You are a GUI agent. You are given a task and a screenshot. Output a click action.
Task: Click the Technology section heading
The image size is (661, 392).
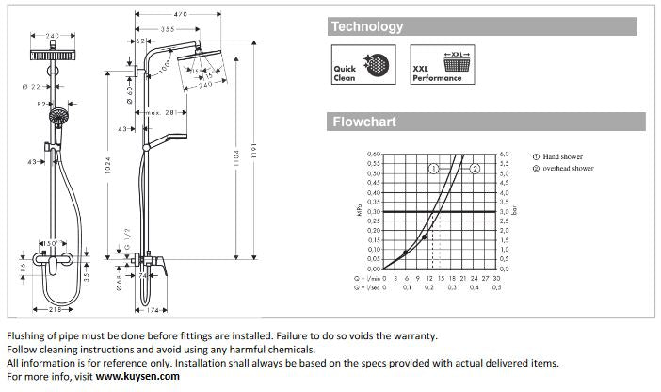[367, 27]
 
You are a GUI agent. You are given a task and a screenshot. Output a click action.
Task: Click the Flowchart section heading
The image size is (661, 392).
[363, 122]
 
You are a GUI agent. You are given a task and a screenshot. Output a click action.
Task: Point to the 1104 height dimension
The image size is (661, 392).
[236, 163]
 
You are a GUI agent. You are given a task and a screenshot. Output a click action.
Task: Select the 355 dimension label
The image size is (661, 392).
[167, 29]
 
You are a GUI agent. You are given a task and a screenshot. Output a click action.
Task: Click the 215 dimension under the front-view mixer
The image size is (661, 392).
[55, 308]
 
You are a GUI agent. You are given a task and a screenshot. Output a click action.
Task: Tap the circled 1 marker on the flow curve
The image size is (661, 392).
[434, 168]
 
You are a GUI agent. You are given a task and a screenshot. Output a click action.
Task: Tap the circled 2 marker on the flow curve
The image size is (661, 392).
[476, 168]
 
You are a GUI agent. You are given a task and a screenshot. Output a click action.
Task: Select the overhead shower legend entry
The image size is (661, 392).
[563, 168]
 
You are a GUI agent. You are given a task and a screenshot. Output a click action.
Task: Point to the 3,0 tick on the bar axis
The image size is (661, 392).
[504, 211]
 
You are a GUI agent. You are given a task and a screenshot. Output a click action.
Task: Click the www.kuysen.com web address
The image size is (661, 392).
[137, 375]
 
